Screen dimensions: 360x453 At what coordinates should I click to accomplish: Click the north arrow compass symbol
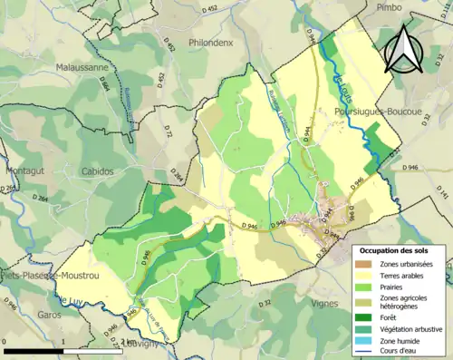pos(404,50)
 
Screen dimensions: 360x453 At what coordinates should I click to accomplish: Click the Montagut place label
pos(26,170)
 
